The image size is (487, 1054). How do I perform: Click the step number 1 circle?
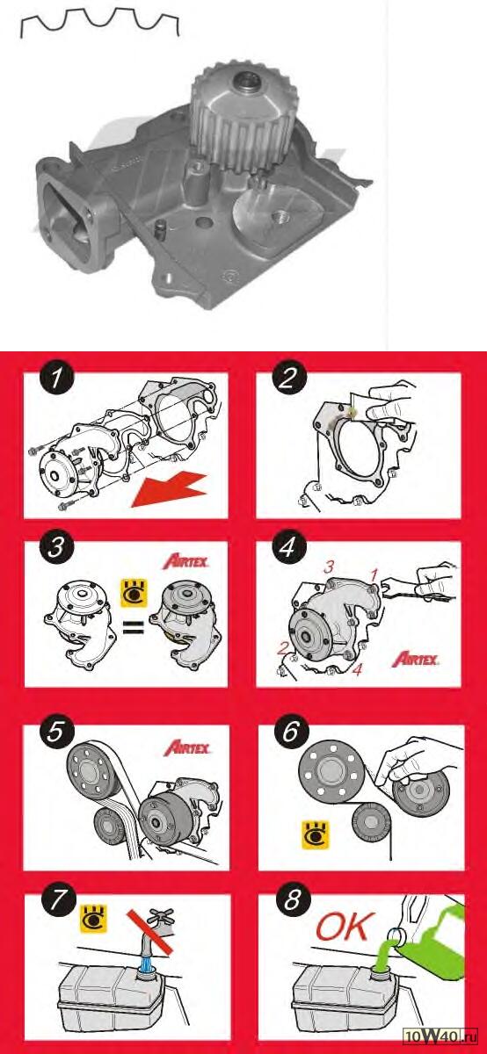click(56, 378)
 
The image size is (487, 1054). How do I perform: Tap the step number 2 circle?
click(288, 378)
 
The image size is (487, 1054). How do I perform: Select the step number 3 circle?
click(56, 547)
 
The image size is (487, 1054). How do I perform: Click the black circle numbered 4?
click(287, 547)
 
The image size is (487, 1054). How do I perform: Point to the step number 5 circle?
click(55, 732)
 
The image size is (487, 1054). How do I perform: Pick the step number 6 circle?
click(290, 732)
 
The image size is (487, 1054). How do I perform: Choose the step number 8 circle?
click(292, 900)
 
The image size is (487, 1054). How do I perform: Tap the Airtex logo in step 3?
click(186, 561)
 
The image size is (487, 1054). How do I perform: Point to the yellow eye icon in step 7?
click(94, 918)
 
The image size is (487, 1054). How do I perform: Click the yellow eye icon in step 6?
click(315, 835)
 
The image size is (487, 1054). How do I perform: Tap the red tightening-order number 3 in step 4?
click(328, 567)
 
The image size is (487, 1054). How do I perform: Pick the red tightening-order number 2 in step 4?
click(282, 648)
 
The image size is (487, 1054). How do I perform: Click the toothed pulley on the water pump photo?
click(243, 118)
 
